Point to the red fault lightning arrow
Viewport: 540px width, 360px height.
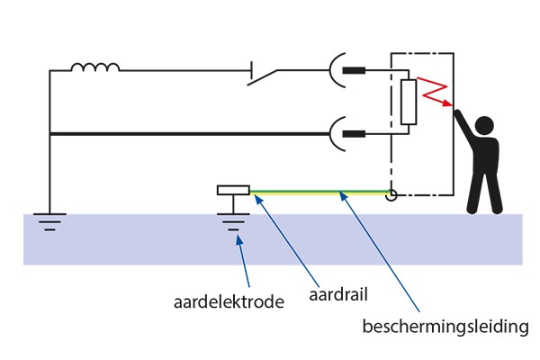[437, 94]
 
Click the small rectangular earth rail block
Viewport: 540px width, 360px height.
[233, 191]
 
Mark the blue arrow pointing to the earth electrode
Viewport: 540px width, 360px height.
[238, 261]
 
